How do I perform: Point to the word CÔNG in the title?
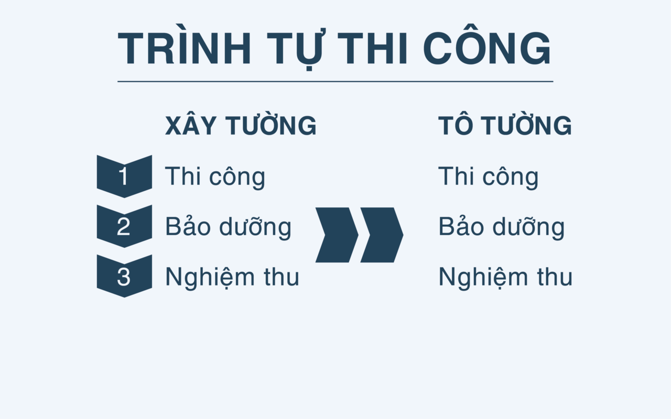487,49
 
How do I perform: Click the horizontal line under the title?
335,82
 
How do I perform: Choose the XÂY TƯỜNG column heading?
241,126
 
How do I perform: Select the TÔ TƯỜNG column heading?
505,126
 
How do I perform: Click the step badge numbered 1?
124,176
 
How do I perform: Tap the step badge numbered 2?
124,226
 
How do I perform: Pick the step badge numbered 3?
124,276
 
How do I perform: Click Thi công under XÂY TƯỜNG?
215,177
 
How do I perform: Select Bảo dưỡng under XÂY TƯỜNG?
228,227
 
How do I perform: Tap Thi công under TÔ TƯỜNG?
488,177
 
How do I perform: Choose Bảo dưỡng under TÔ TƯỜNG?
501,227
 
